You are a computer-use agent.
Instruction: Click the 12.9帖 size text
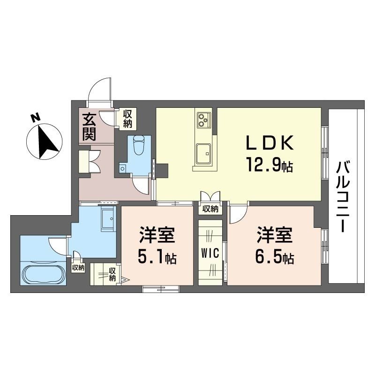[269, 165]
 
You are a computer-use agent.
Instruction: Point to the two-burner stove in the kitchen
[203, 120]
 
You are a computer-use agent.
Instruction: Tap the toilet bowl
[139, 145]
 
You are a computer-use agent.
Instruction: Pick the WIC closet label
[210, 254]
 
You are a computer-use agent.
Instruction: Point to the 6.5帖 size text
[274, 257]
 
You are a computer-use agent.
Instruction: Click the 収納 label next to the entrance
[128, 118]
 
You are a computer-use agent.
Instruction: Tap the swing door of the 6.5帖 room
[238, 214]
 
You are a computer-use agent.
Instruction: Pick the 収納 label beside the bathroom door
[78, 268]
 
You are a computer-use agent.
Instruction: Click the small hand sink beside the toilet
[123, 168]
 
